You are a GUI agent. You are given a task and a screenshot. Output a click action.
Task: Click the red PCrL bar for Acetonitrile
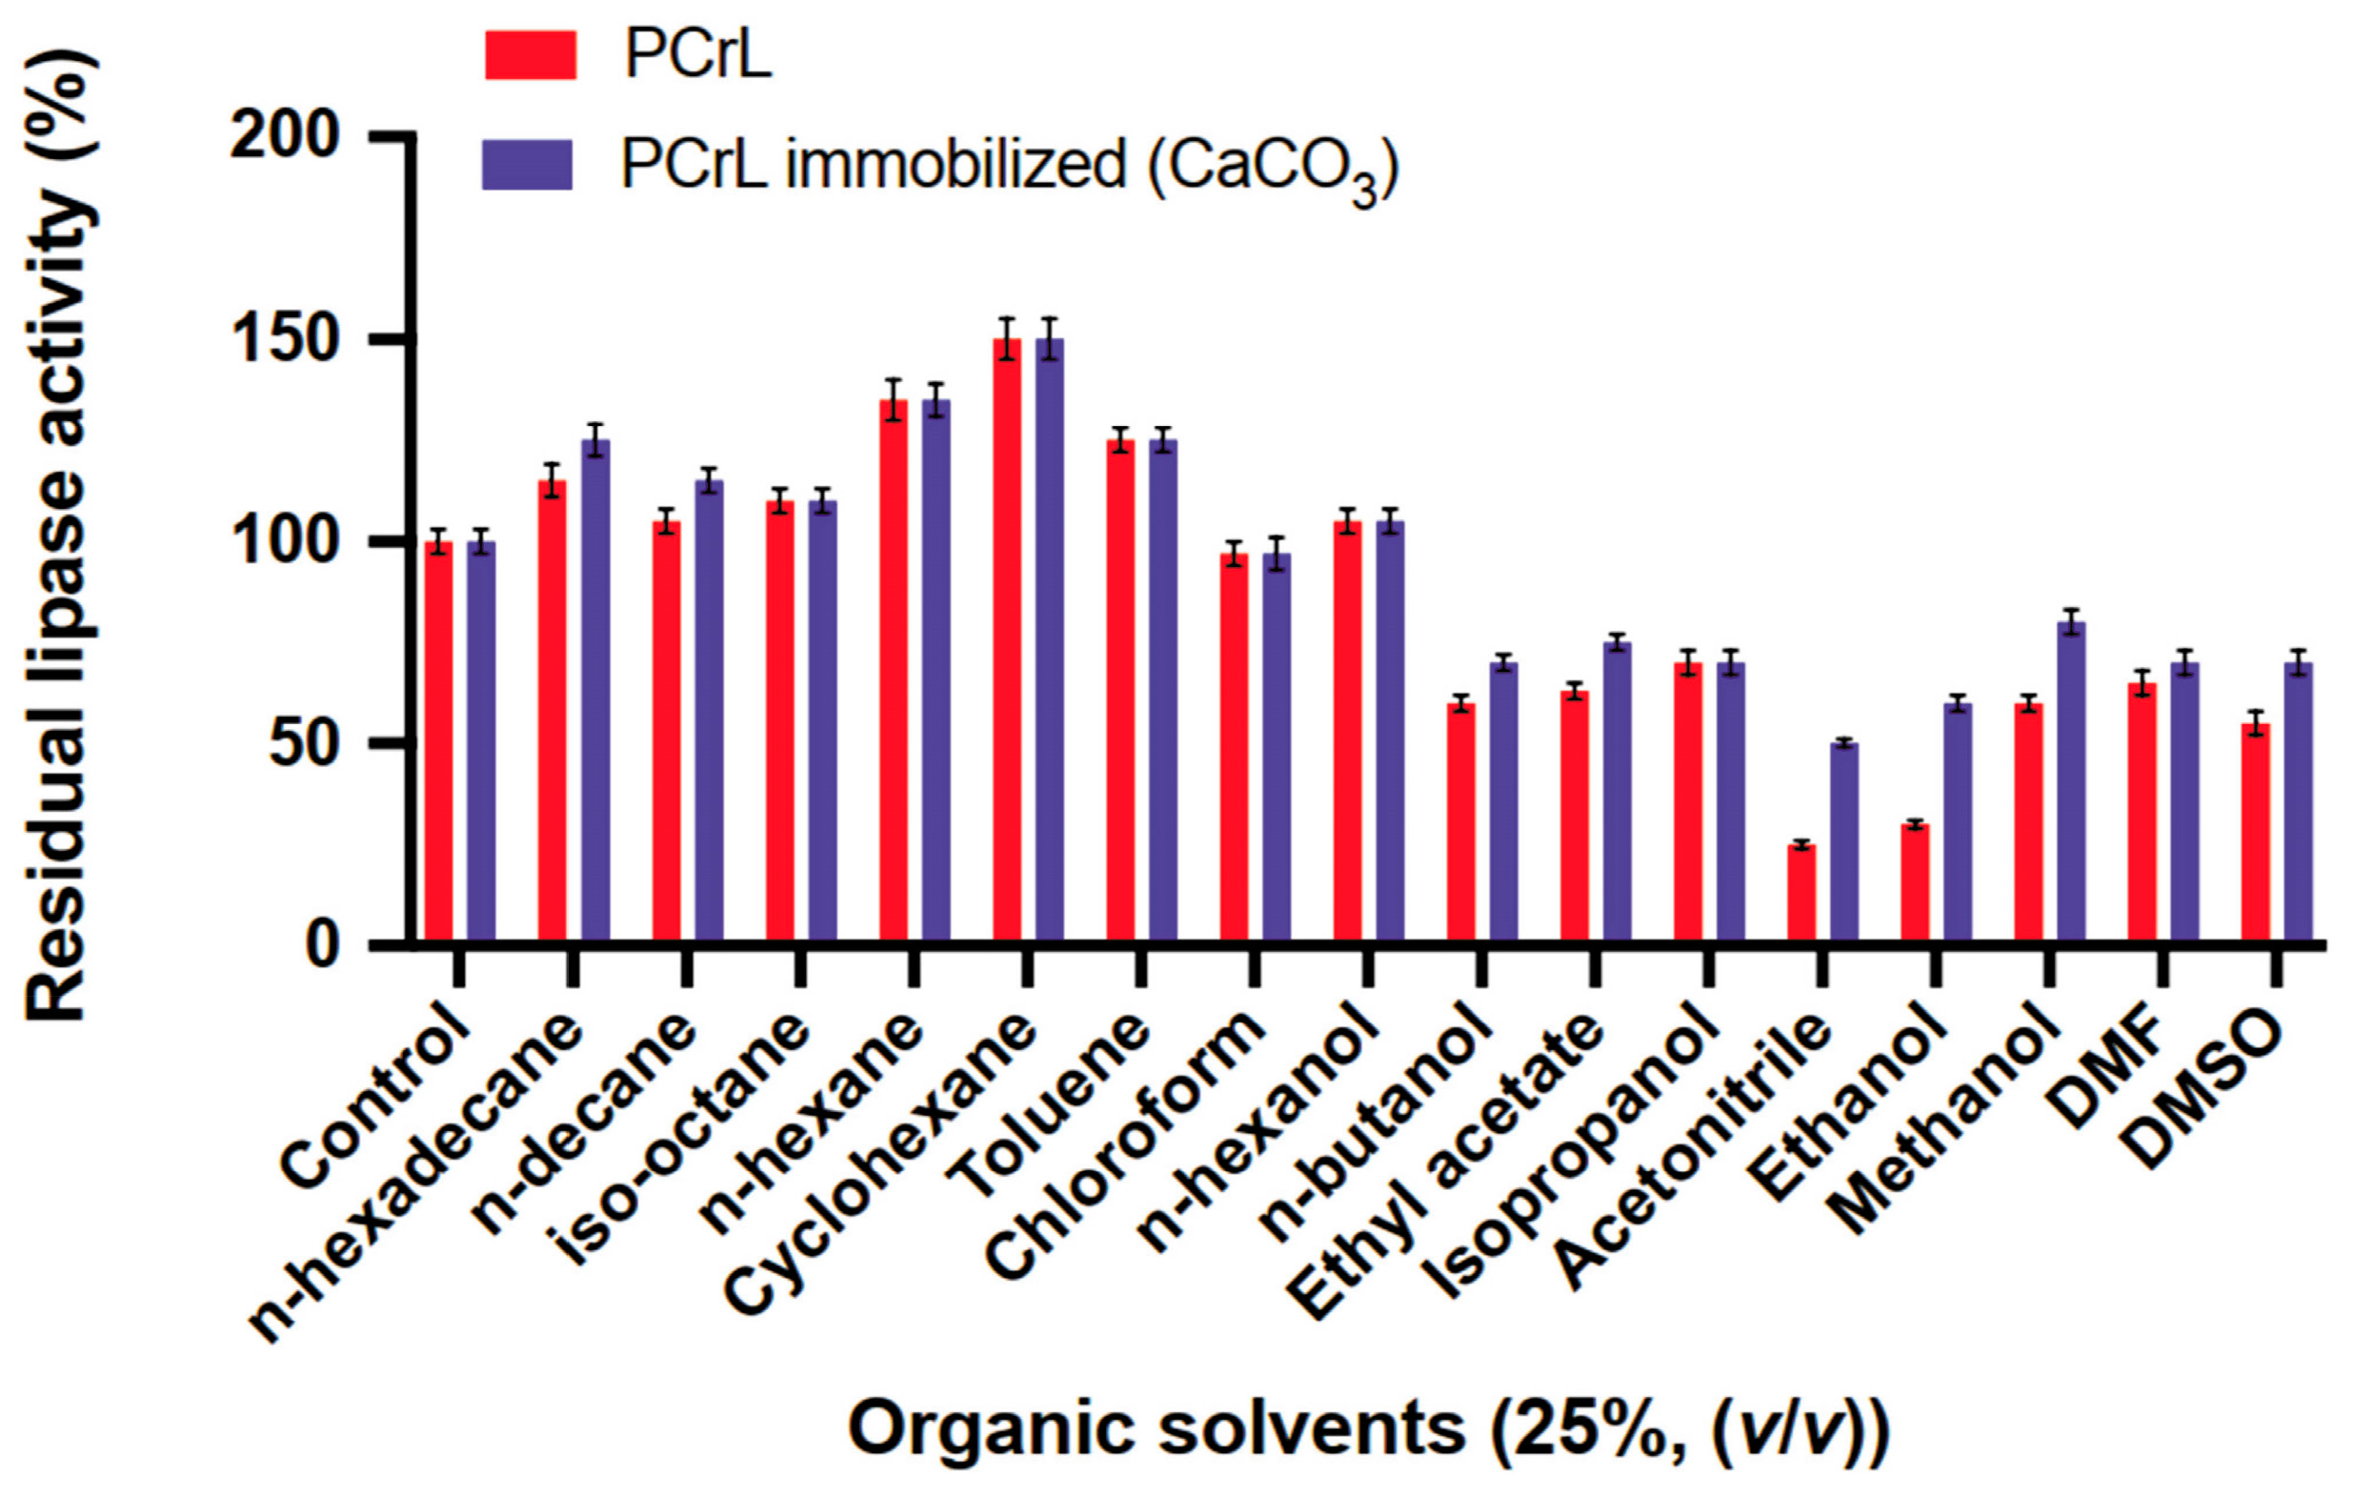1801,894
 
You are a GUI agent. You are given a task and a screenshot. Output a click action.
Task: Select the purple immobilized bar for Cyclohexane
1050,640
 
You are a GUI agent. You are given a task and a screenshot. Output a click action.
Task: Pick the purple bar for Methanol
2071,782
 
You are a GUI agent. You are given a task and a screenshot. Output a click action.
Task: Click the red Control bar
439,743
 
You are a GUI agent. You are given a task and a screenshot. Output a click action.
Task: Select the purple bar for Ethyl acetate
1618,792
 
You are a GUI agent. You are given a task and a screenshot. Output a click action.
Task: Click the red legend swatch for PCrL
531,54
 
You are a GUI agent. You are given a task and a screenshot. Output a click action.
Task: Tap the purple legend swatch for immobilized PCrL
528,164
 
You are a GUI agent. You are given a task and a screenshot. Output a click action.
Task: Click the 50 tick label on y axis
305,744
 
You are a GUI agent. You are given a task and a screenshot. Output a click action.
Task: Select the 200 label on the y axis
284,136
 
